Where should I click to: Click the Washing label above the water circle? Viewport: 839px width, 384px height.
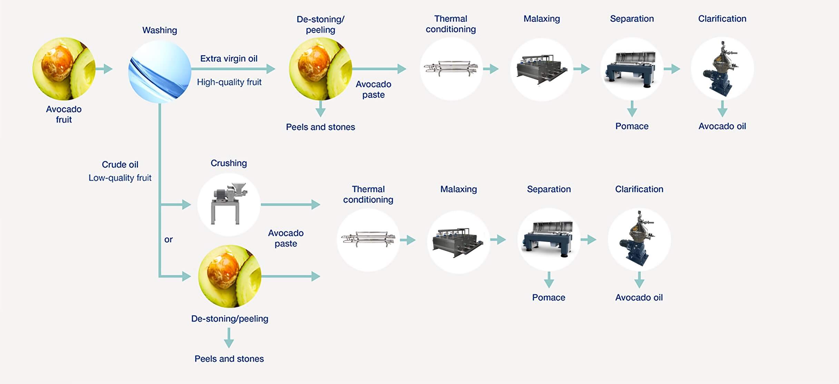click(160, 30)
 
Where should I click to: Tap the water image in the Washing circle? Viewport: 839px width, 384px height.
click(160, 72)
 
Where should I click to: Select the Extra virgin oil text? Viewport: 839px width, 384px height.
click(229, 59)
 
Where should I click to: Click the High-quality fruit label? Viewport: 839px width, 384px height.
click(229, 82)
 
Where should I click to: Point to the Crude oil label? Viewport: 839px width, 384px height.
click(120, 165)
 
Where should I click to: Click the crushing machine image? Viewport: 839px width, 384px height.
click(229, 204)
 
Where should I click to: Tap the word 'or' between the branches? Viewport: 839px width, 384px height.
click(168, 240)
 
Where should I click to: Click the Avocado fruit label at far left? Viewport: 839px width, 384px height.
click(64, 114)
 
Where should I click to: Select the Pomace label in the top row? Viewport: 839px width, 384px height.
click(632, 126)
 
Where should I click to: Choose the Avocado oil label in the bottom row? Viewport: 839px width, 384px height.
click(639, 298)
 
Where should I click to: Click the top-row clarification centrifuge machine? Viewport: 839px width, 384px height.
click(722, 69)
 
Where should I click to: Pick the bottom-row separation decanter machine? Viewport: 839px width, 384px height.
click(549, 239)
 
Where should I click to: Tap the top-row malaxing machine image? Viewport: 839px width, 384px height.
click(541, 69)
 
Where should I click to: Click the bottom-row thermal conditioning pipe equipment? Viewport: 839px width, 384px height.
click(368, 239)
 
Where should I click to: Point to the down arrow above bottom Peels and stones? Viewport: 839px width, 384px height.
click(229, 338)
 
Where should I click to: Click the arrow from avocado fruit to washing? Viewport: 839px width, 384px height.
click(105, 69)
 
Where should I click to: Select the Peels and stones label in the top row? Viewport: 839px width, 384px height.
click(320, 127)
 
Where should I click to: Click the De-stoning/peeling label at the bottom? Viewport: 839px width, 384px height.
click(229, 319)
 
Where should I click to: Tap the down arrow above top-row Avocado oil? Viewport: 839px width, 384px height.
click(722, 109)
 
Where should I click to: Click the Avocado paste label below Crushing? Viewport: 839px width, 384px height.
click(286, 238)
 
